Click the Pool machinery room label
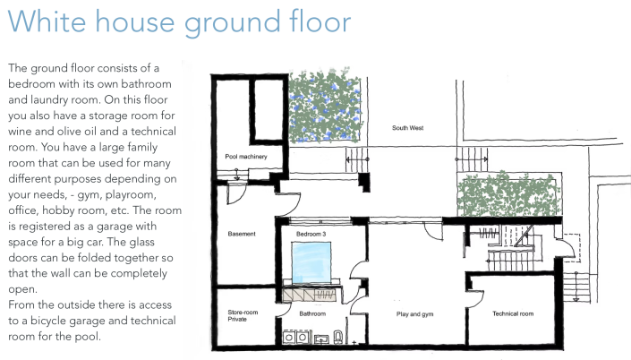click(246, 156)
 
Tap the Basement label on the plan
click(242, 234)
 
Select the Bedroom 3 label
click(311, 234)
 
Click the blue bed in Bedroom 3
click(311, 262)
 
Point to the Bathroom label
click(312, 313)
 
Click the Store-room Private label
click(243, 315)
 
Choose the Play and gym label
click(415, 314)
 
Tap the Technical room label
click(513, 313)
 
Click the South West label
click(407, 128)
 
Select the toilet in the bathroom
click(338, 337)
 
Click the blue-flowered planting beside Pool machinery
click(324, 107)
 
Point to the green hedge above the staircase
click(508, 194)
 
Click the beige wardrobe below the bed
click(312, 295)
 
